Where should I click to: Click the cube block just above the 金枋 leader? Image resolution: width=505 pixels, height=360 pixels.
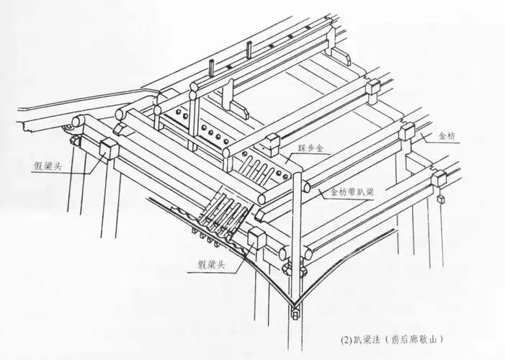(408, 131)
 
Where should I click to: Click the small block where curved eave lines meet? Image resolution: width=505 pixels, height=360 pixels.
(296, 314)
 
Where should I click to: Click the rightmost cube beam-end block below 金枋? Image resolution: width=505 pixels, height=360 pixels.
(439, 177)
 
